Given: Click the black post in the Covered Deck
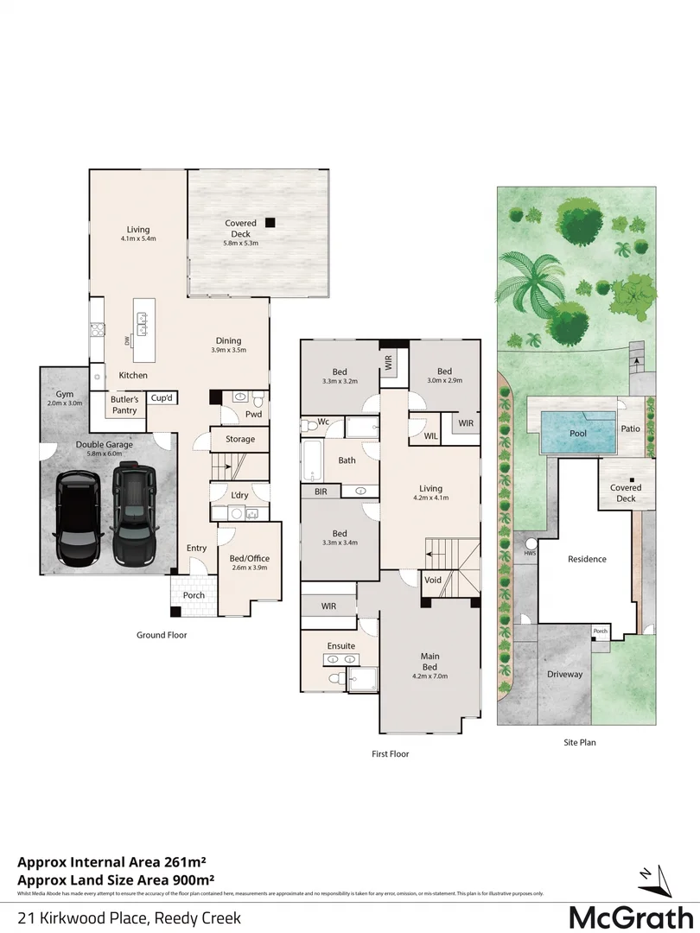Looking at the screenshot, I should point(270,222).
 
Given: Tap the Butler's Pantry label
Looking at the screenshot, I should point(124,405).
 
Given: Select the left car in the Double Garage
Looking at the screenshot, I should point(78,517).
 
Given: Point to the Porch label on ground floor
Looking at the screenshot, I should point(194,595).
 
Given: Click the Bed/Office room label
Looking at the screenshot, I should point(250,558).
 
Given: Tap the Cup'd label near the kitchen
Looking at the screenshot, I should point(161,398).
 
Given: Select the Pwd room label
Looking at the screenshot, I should point(253,414).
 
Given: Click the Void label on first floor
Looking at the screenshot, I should point(433,580).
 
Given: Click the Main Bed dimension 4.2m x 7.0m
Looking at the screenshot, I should point(430,678).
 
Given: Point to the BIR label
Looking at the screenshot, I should point(320,491).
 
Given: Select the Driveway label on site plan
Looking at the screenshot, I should point(565,674).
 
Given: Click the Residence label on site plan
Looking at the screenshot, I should point(587,559).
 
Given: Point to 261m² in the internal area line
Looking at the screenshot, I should point(180,861).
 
